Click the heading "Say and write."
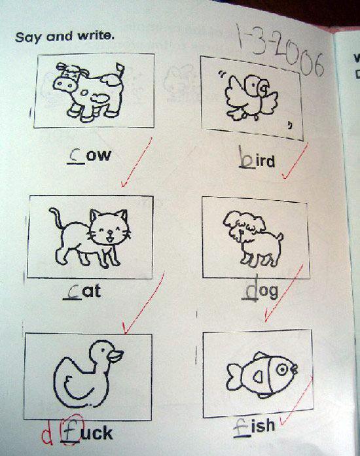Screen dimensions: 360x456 coord(65,37)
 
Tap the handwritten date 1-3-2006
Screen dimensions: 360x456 coord(279,51)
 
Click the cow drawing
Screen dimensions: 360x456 coord(89,92)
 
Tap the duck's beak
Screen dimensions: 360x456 coord(115,356)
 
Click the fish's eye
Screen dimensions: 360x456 coord(282,370)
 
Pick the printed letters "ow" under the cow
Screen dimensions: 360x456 coord(99,156)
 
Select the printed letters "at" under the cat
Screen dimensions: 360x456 coord(92,291)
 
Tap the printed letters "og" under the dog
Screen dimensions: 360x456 coord(268,291)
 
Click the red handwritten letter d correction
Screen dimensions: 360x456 coord(47,436)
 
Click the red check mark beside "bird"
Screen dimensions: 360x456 coord(295,162)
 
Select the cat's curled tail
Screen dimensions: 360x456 coord(57,217)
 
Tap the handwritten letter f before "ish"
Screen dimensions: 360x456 coord(242,428)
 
